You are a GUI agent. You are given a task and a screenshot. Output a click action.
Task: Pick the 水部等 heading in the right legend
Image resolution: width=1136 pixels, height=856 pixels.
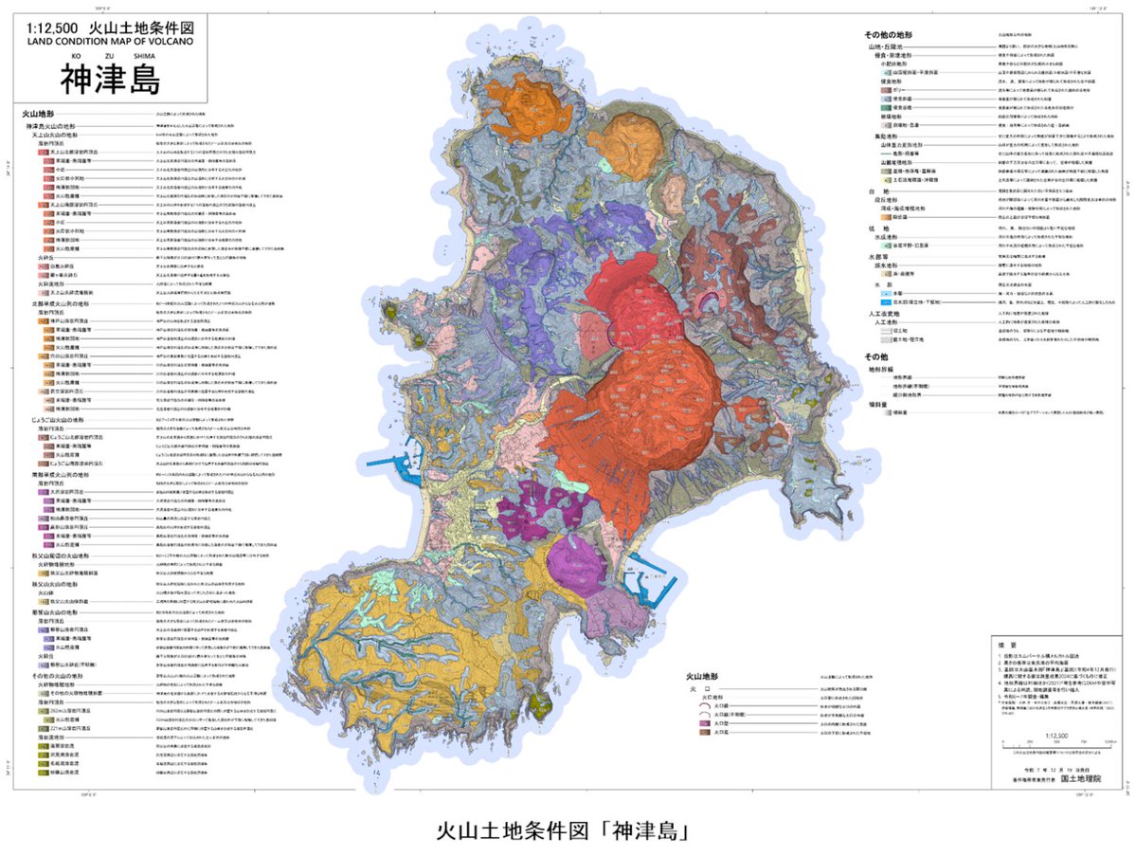point(875,256)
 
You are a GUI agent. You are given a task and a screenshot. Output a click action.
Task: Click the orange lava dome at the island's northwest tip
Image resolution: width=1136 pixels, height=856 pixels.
point(520,105)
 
